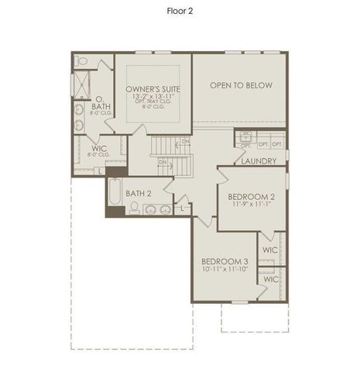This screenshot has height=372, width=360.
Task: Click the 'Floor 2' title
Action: pos(180,11)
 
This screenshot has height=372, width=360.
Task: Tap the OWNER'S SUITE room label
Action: pos(153,90)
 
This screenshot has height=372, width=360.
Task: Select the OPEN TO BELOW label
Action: pos(241,85)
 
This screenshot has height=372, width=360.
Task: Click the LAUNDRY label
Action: pos(259,160)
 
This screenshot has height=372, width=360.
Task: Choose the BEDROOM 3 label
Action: pos(225,261)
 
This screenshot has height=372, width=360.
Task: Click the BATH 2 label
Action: pos(139,193)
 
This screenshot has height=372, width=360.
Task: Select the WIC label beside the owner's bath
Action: pos(98,147)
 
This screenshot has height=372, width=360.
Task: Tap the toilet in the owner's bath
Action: pos(82,61)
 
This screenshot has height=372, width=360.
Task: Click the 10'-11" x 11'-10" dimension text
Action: pos(225,269)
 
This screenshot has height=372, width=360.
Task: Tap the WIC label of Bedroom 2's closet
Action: pos(270,250)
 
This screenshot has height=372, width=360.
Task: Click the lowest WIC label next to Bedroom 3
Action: pos(270,279)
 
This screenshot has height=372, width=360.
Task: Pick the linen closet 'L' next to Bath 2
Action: pos(182,208)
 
